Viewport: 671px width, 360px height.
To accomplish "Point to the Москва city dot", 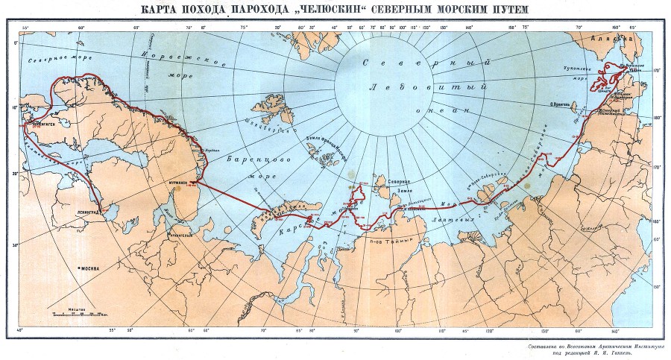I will [x=78, y=266].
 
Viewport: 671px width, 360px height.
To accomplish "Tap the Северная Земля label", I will [x=397, y=186].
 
